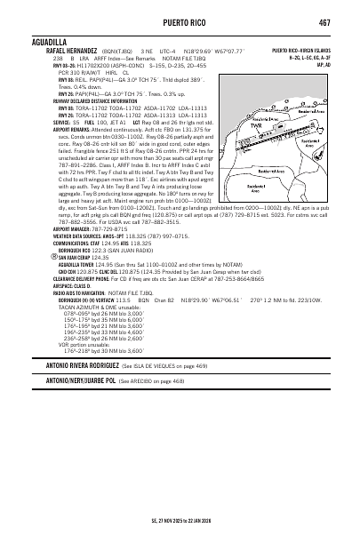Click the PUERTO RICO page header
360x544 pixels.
(x=180, y=23)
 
